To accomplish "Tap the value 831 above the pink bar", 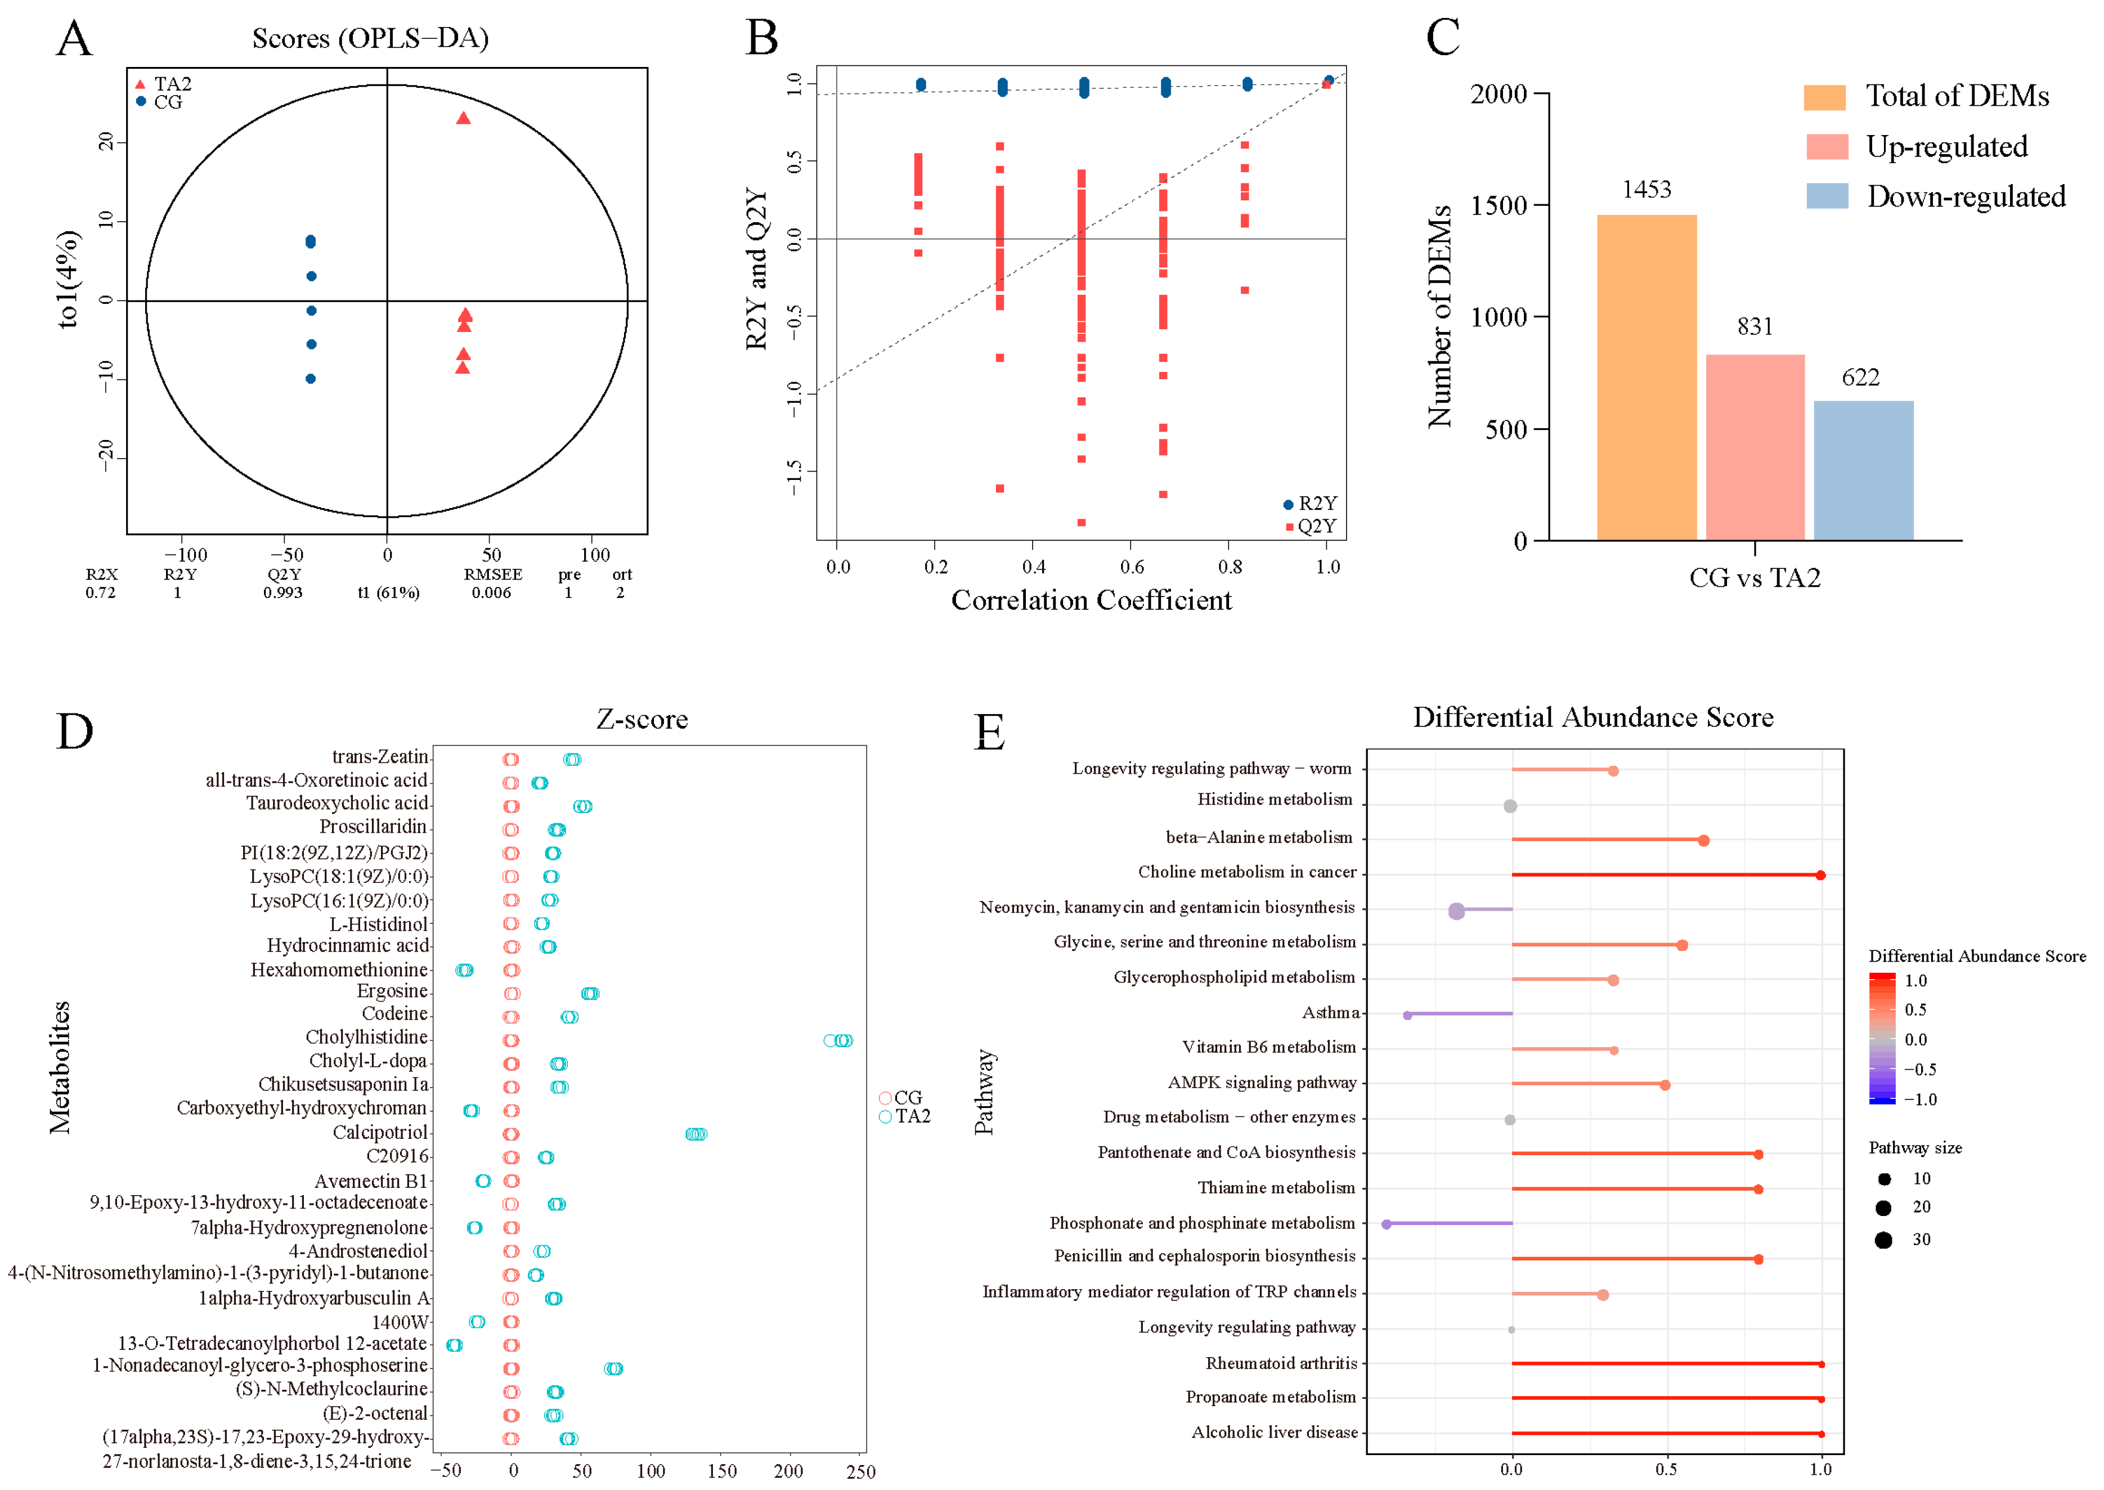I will (x=1755, y=326).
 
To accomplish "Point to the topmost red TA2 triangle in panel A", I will (x=463, y=118).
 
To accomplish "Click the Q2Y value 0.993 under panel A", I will (x=282, y=593).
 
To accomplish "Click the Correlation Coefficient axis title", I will (x=1091, y=600).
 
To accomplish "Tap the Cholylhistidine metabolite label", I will (x=366, y=1038).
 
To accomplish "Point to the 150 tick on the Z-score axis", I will (x=721, y=1471).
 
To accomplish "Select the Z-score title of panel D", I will (x=642, y=719).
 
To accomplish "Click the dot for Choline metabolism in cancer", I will (x=1820, y=876).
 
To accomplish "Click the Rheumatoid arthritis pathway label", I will (x=1281, y=1363).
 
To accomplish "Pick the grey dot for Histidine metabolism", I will (x=1510, y=806).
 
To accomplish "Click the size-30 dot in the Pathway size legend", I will (x=1884, y=1240).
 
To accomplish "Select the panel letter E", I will (x=989, y=732).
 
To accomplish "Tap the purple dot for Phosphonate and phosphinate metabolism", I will (x=1387, y=1224).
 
